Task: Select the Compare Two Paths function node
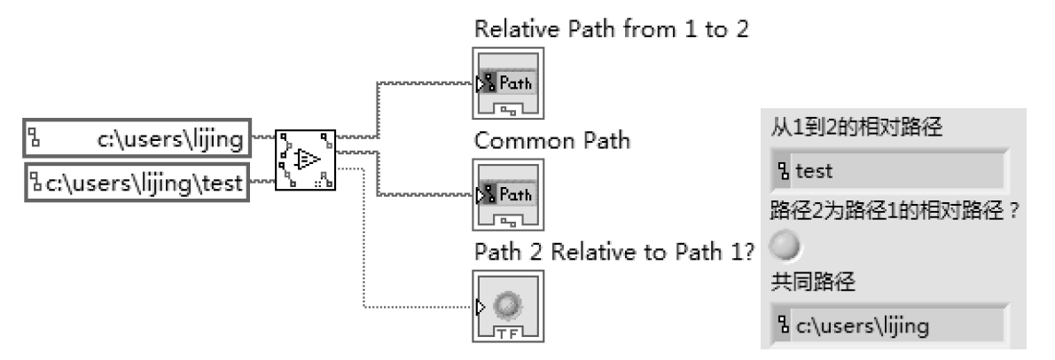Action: click(306, 160)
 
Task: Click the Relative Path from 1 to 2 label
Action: click(613, 29)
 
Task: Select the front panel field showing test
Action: click(890, 171)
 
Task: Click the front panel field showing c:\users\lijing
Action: click(890, 325)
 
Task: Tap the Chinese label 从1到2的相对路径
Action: click(856, 126)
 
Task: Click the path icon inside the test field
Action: click(785, 171)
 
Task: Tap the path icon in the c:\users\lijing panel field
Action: click(785, 325)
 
